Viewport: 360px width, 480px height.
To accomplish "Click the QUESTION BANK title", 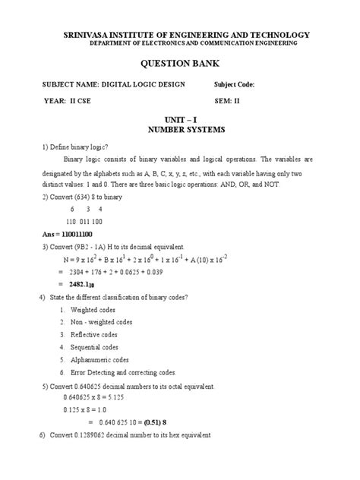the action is pos(179,63).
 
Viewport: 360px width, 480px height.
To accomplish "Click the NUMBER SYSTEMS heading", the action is pos(180,130).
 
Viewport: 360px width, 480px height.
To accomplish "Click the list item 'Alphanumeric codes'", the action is pos(99,360).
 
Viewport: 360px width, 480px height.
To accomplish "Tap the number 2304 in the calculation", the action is pos(78,270).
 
